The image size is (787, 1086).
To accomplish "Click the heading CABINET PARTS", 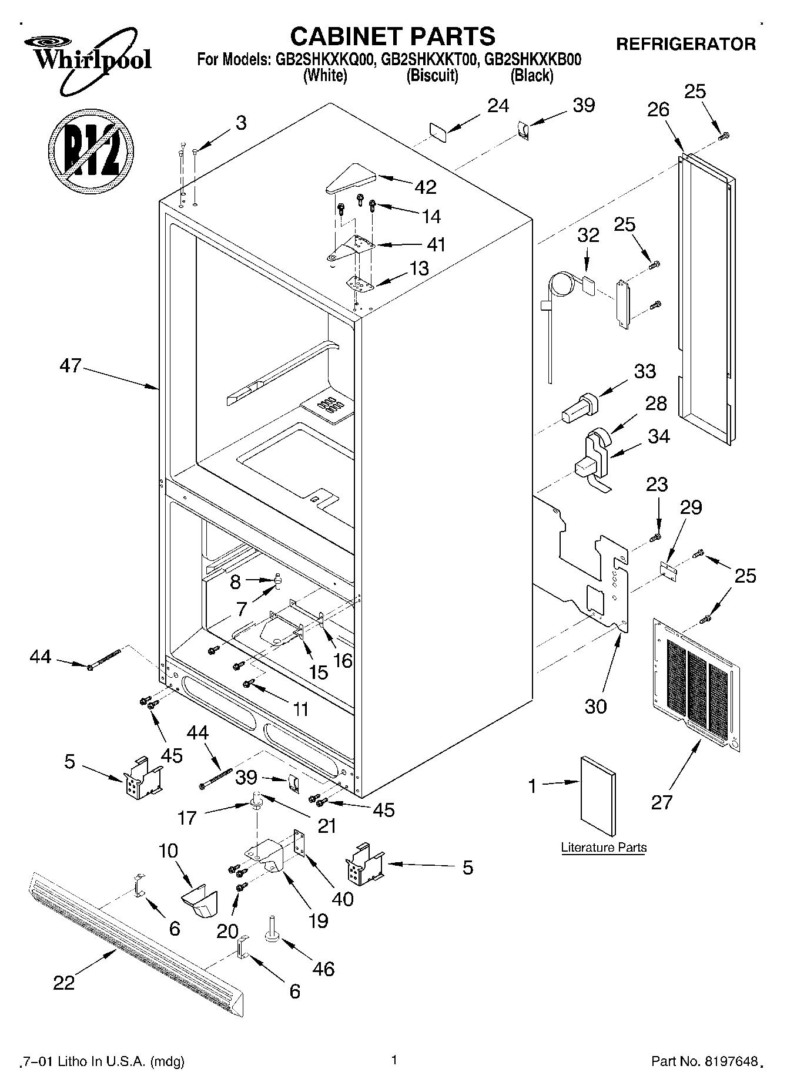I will tap(393, 36).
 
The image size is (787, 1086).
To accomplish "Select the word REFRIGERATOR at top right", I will tap(685, 44).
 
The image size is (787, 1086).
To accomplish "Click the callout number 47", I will tap(70, 366).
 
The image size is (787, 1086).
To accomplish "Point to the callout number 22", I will tap(64, 982).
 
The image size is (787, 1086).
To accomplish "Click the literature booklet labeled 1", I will tap(598, 796).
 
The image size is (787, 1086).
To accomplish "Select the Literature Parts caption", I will tap(604, 848).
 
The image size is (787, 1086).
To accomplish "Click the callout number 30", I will tap(595, 706).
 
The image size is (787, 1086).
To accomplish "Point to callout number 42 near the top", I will tap(426, 187).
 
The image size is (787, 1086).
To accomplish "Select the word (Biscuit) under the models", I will tap(433, 75).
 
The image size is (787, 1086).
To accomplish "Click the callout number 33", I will tap(645, 371).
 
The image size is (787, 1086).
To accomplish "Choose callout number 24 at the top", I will tap(498, 106).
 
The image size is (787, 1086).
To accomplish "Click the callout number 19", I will tap(318, 920).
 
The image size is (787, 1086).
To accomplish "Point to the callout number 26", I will tap(659, 109).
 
